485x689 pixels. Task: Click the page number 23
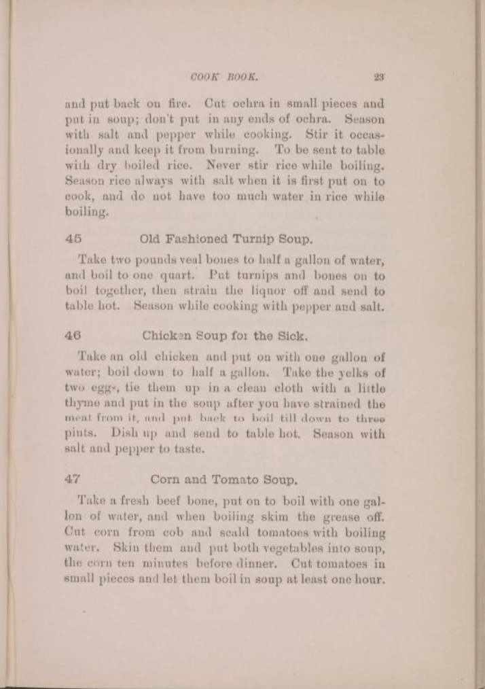click(379, 77)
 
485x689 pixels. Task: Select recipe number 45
click(73, 238)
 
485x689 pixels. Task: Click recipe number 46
click(73, 336)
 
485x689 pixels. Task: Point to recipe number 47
click(73, 479)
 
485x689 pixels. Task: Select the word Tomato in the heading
click(234, 479)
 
